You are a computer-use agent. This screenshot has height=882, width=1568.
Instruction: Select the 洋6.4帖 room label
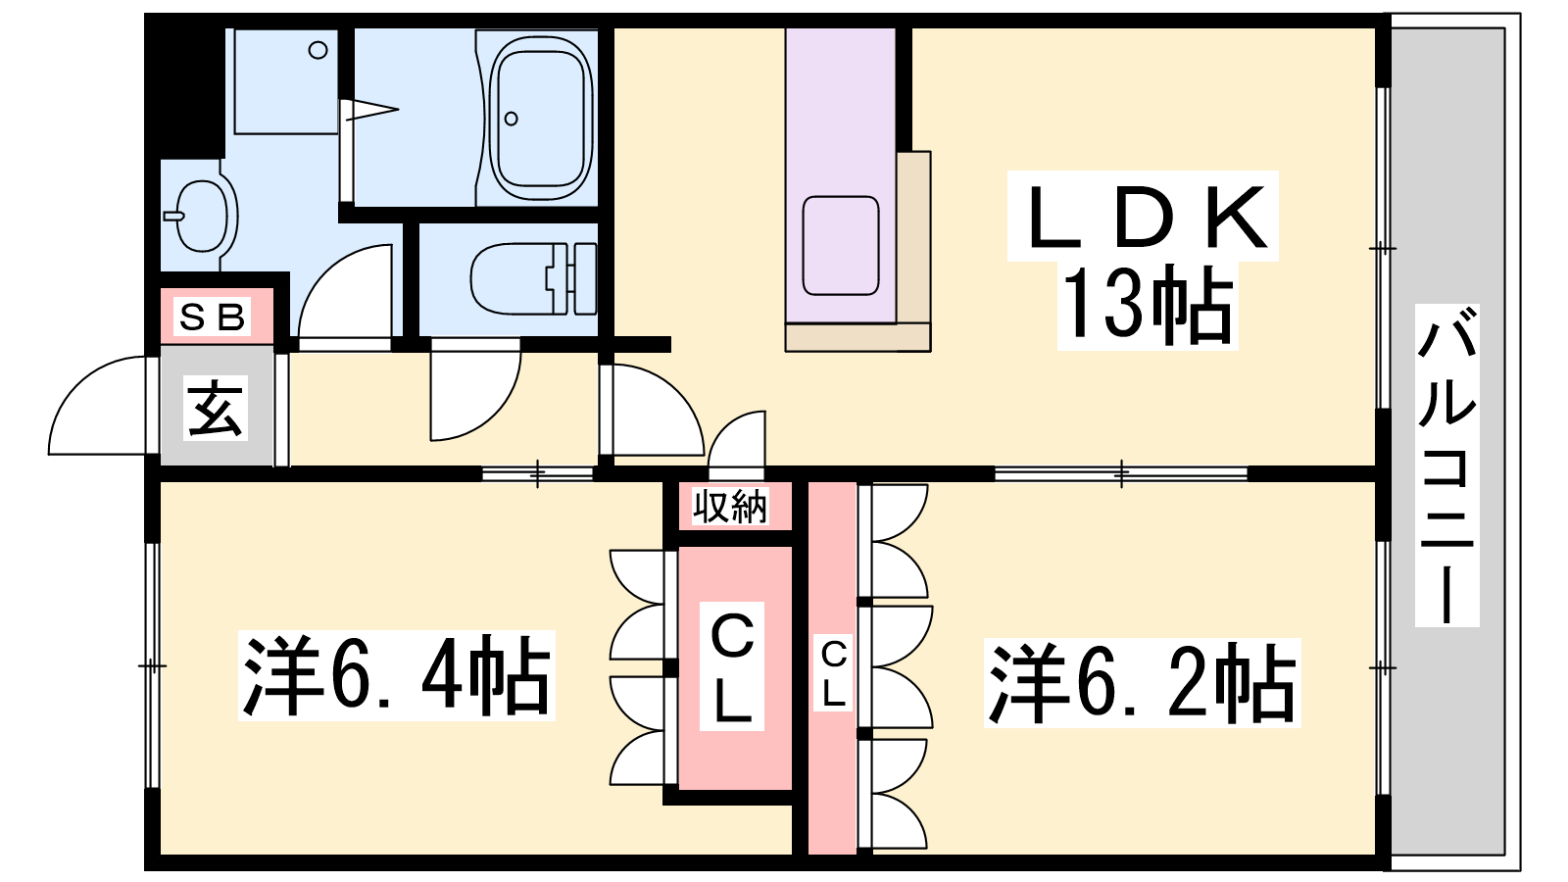[x=396, y=674]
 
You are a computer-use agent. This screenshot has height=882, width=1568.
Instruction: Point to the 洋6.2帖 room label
[x=1142, y=682]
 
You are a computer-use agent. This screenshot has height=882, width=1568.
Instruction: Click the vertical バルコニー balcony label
[x=1446, y=465]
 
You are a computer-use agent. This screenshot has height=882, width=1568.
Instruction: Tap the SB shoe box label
[x=212, y=318]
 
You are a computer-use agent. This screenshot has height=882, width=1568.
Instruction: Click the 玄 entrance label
[x=215, y=408]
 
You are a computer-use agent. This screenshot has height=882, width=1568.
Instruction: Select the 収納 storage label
[x=730, y=506]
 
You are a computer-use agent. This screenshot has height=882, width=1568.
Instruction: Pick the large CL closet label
[x=731, y=665]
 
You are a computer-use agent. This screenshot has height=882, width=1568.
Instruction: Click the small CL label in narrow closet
[x=833, y=672]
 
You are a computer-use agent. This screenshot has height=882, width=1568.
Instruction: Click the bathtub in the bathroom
[x=539, y=118]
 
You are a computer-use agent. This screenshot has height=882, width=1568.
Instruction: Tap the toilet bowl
[x=514, y=278]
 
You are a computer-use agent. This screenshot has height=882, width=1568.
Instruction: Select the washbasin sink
[x=202, y=215]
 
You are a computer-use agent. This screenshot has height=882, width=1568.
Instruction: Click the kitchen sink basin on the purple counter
[x=840, y=246]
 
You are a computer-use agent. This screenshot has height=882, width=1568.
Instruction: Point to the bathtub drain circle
[x=511, y=119]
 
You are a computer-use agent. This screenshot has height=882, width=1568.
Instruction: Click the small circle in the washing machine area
[x=318, y=50]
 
